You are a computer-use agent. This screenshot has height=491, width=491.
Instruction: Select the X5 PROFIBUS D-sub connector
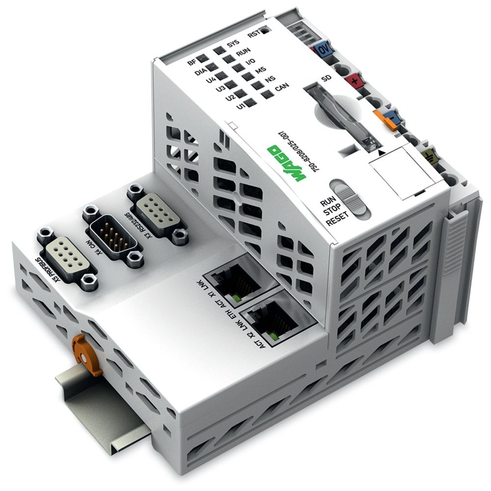(x=65, y=257)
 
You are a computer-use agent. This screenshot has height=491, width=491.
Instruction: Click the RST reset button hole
(x=266, y=30)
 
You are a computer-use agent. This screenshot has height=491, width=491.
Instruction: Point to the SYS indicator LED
(x=219, y=48)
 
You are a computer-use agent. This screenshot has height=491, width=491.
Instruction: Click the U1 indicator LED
(x=251, y=103)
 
